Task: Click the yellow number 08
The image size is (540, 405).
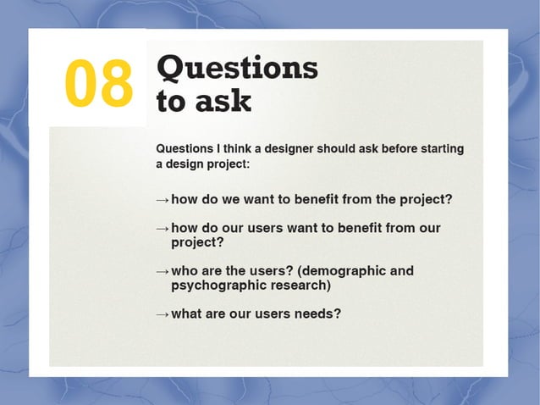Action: (99, 84)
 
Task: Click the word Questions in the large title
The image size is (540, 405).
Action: (238, 68)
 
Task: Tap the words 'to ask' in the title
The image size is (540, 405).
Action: (204, 101)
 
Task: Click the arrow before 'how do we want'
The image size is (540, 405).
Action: (163, 200)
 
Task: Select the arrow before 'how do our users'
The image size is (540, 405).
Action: (163, 229)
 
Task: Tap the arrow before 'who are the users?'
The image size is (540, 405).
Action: (163, 272)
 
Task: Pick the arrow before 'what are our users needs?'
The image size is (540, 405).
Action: (163, 314)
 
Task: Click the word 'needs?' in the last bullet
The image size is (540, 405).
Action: (317, 313)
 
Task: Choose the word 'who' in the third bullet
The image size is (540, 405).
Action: (185, 271)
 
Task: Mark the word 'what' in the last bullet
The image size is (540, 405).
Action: (187, 313)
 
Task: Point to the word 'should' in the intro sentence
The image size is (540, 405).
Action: (336, 149)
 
